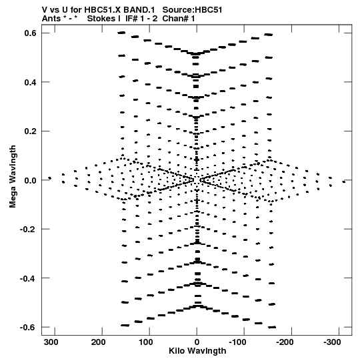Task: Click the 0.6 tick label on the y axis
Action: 31,33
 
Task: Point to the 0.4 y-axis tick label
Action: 31,82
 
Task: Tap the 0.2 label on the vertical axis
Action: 31,131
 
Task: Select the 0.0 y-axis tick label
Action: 31,180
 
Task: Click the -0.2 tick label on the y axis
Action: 28,230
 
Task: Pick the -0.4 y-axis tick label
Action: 28,278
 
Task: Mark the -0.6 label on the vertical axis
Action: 28,328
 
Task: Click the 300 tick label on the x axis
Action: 51,342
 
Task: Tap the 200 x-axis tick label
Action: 99,342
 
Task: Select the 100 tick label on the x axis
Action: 146,342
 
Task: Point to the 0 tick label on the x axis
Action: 197,342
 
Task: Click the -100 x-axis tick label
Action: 238,342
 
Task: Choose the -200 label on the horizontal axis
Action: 285,342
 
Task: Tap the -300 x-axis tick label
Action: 333,342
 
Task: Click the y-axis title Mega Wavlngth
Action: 13,177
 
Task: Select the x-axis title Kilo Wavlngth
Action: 197,351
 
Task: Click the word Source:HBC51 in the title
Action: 192,10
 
